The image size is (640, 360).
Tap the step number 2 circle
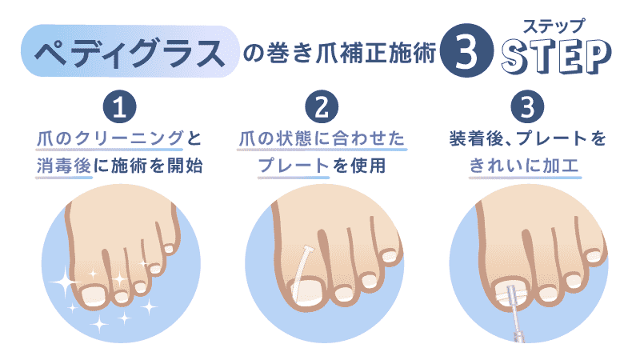click(x=322, y=107)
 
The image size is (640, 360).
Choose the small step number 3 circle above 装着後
click(x=526, y=107)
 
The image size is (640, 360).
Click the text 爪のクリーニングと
click(x=118, y=138)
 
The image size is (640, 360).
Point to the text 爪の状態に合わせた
click(x=322, y=138)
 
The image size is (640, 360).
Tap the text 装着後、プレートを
click(x=526, y=138)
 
